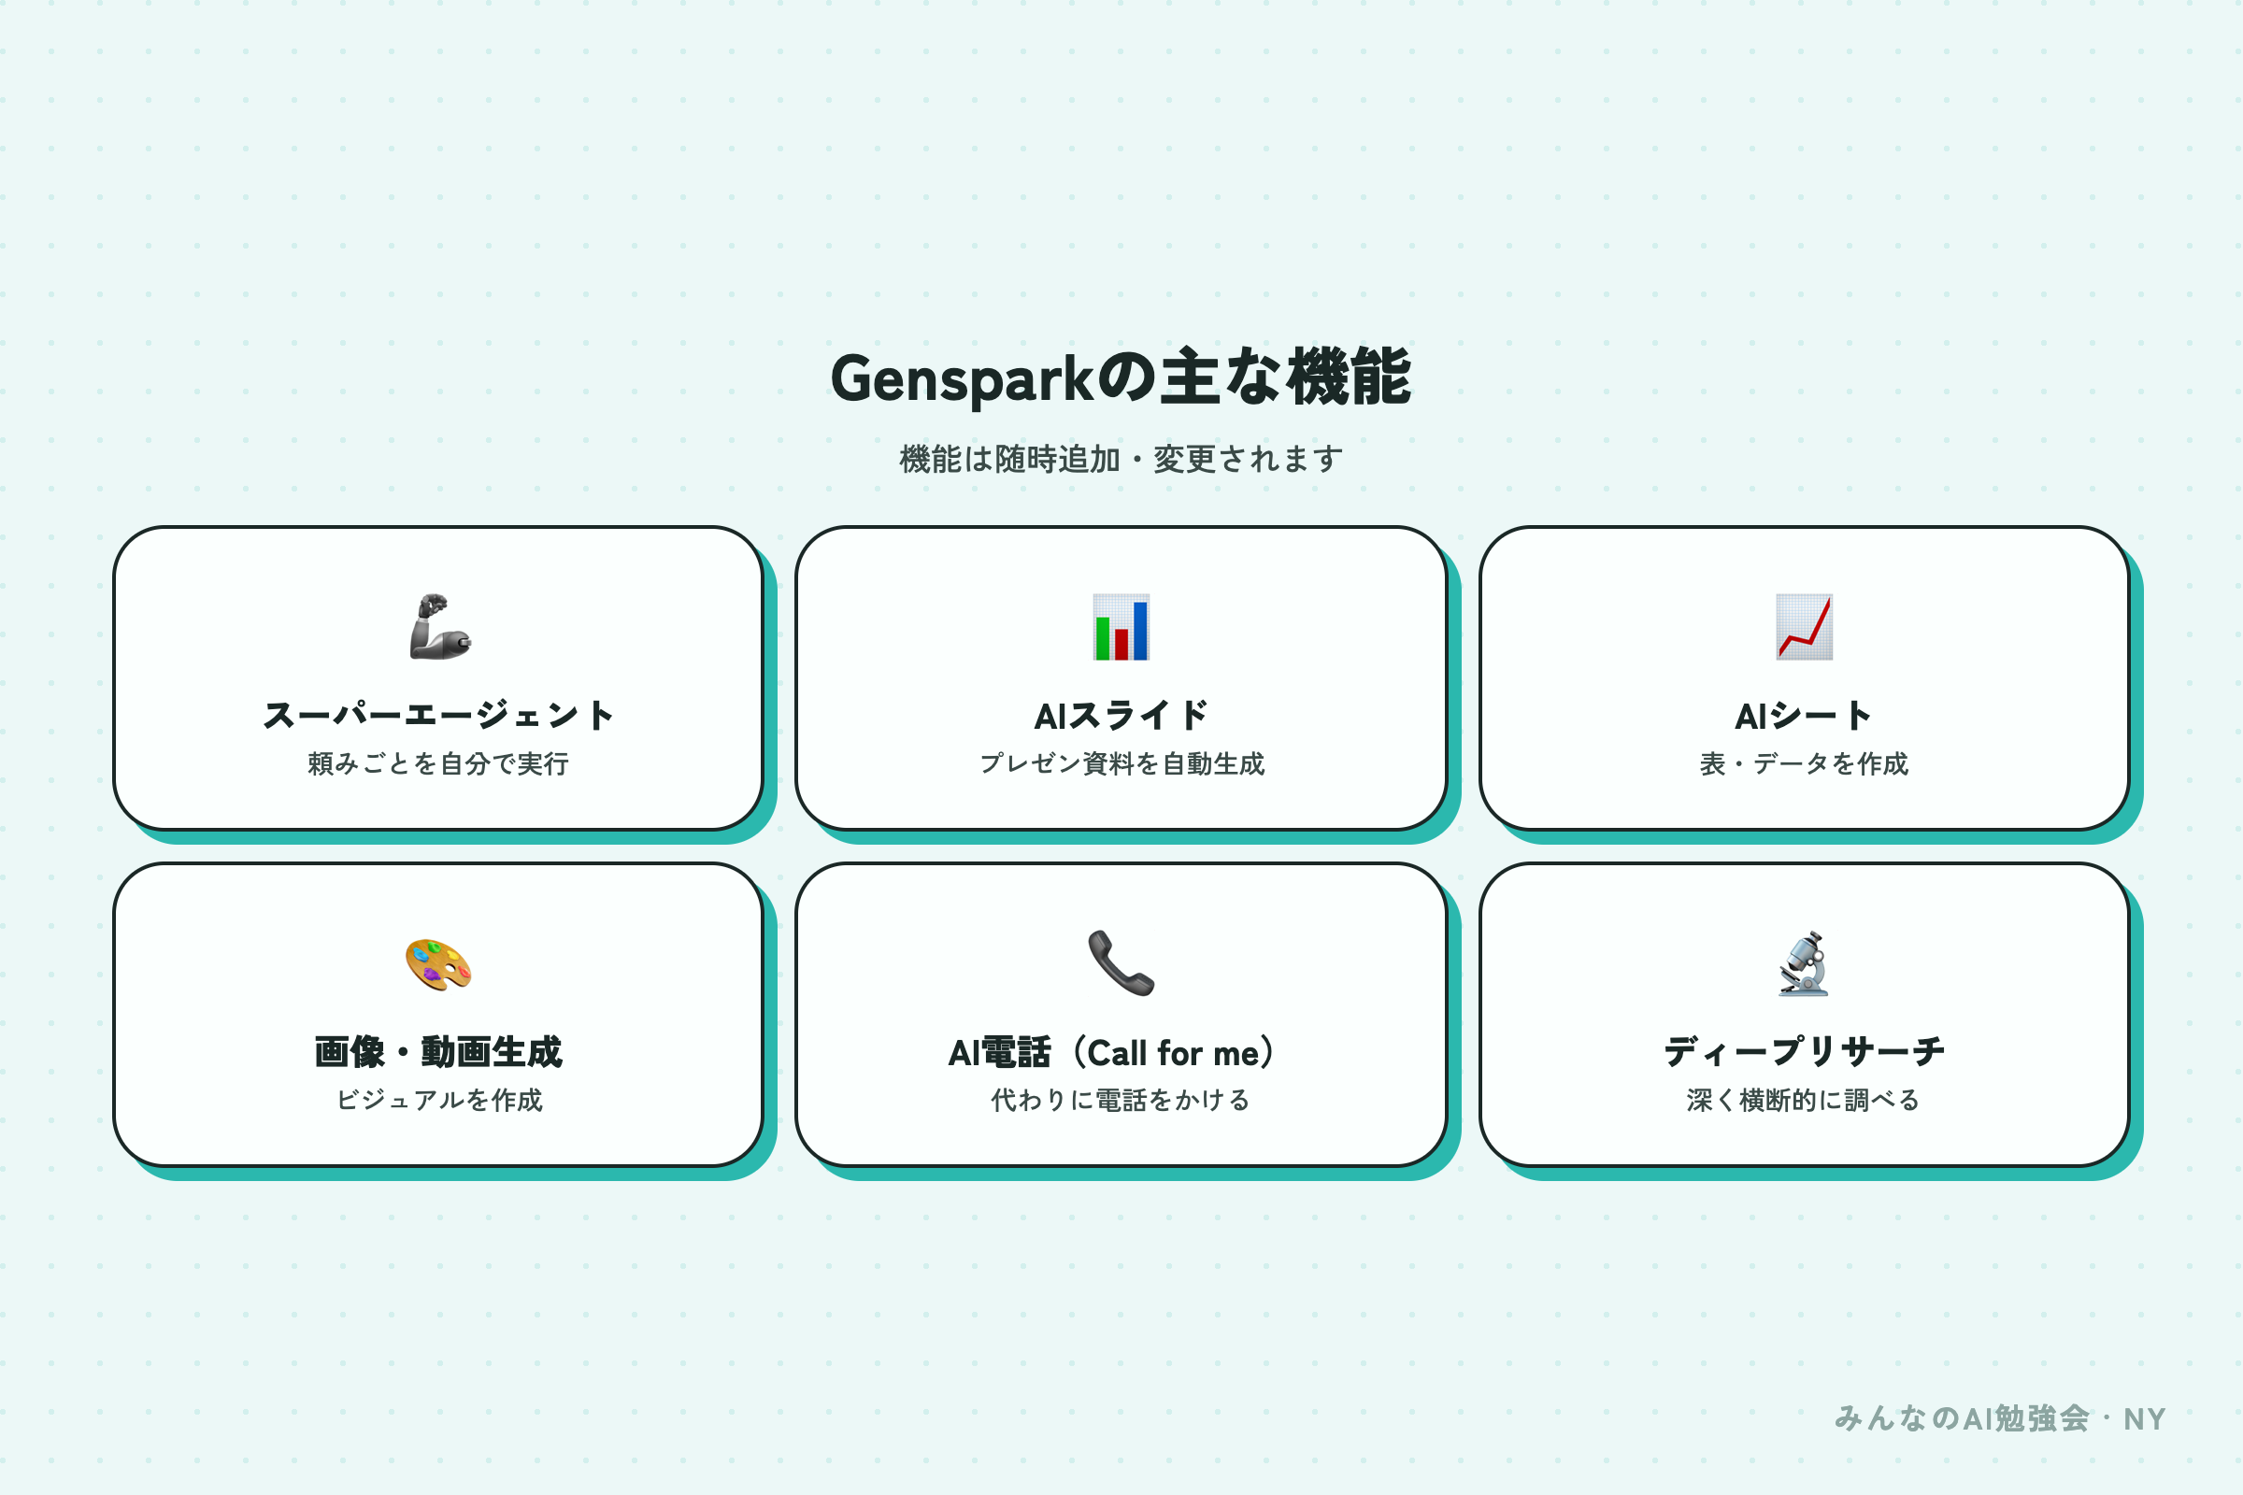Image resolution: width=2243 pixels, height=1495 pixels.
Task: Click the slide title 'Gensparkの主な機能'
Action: pyautogui.click(x=1121, y=378)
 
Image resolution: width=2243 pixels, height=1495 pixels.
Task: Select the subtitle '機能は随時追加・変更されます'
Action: pyautogui.click(x=1121, y=460)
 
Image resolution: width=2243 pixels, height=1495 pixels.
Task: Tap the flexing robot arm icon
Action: pyautogui.click(x=439, y=626)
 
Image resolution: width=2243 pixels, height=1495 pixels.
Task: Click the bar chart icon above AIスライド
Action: pyautogui.click(x=1121, y=626)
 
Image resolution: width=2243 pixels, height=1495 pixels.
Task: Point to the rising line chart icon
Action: pyautogui.click(x=1804, y=626)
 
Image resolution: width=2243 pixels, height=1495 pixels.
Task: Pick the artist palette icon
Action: pyautogui.click(x=437, y=964)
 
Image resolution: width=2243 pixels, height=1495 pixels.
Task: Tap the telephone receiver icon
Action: pyautogui.click(x=1121, y=963)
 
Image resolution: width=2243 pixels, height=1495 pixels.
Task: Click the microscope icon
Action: pyautogui.click(x=1804, y=963)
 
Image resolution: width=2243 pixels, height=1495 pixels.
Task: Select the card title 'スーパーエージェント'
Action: pyautogui.click(x=438, y=715)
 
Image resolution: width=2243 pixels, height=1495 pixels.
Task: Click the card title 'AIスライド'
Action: pyautogui.click(x=1121, y=715)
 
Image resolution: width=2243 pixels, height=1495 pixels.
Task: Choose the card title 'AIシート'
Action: pyautogui.click(x=1804, y=715)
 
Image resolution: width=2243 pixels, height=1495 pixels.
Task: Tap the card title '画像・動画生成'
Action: pyautogui.click(x=438, y=1052)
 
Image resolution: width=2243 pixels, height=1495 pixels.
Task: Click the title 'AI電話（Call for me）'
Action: pyautogui.click(x=1121, y=1053)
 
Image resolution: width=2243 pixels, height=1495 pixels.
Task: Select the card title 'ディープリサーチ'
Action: pyautogui.click(x=1804, y=1052)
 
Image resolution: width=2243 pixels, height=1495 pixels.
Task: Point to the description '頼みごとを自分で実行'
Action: pyautogui.click(x=438, y=763)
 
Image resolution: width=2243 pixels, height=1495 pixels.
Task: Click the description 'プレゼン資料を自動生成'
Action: pyautogui.click(x=1121, y=763)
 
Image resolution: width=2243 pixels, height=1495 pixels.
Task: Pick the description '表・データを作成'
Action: pyautogui.click(x=1804, y=763)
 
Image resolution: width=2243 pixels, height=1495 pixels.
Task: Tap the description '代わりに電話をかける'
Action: pyautogui.click(x=1121, y=1101)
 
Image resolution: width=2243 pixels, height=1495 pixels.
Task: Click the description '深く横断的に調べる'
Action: pyautogui.click(x=1804, y=1101)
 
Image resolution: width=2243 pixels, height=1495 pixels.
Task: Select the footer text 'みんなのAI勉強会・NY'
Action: pyautogui.click(x=2000, y=1418)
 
